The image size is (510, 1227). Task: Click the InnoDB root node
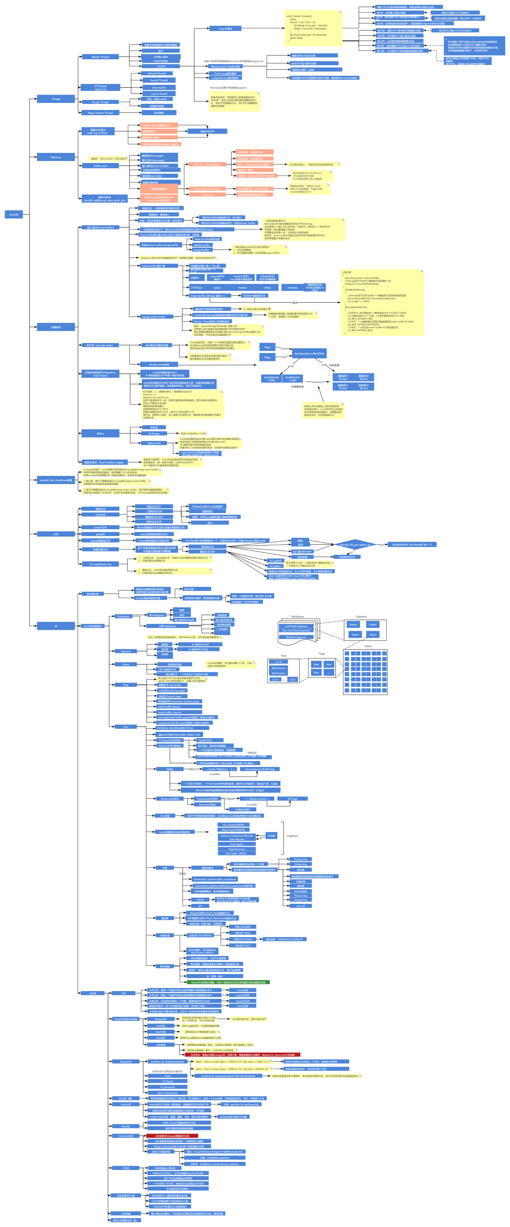(14, 214)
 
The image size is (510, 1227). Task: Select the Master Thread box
(100, 57)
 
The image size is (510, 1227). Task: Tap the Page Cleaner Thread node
(100, 113)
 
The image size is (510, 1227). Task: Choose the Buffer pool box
(100, 166)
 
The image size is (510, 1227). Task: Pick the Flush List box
(207, 194)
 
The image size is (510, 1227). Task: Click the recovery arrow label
(317, 382)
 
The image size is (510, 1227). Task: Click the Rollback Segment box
(296, 637)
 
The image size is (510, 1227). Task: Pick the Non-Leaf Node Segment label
(296, 630)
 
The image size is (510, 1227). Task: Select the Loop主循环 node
(225, 29)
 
